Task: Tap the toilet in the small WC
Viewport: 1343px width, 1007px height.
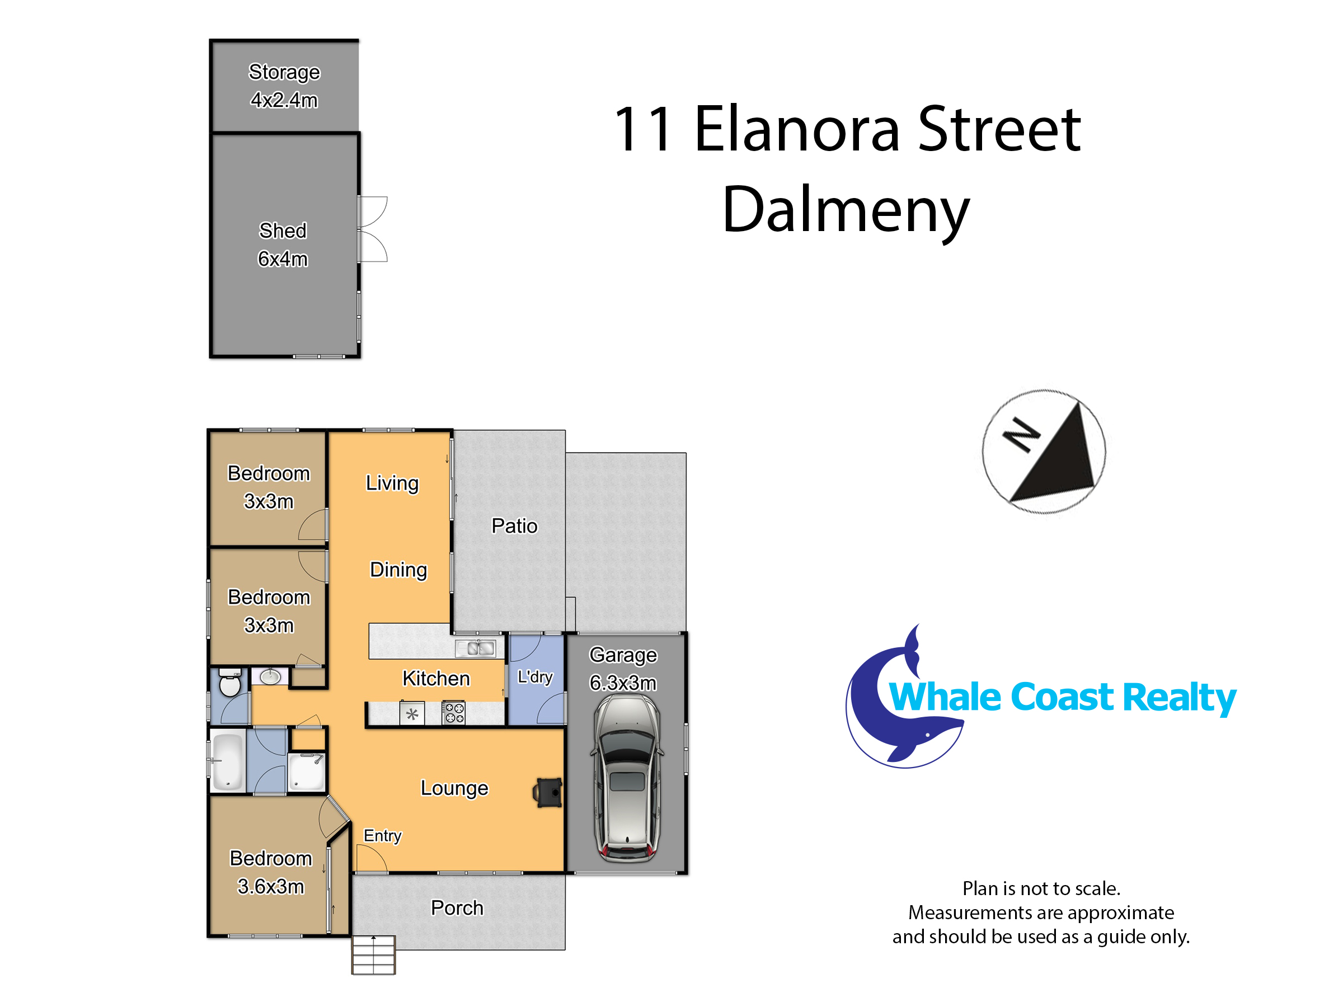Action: pyautogui.click(x=229, y=681)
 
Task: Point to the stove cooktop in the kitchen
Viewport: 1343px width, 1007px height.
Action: pyautogui.click(x=453, y=713)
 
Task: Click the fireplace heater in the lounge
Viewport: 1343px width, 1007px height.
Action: pyautogui.click(x=548, y=792)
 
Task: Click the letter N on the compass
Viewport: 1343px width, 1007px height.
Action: pyautogui.click(x=1021, y=435)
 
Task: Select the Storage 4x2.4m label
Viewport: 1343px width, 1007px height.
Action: pyautogui.click(x=284, y=86)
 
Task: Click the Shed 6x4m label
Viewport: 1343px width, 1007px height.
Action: pyautogui.click(x=283, y=244)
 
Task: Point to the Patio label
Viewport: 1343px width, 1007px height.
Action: pyautogui.click(x=514, y=526)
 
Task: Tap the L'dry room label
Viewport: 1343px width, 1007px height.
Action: pyautogui.click(x=535, y=676)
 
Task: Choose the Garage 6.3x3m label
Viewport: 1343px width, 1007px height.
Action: pyautogui.click(x=623, y=669)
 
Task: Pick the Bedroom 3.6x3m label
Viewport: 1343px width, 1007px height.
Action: pyautogui.click(x=271, y=872)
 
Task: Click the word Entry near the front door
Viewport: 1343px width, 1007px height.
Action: pyautogui.click(x=383, y=836)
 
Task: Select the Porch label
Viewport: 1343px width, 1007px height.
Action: pyautogui.click(x=457, y=907)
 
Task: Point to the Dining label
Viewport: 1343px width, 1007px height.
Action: pyautogui.click(x=398, y=570)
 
